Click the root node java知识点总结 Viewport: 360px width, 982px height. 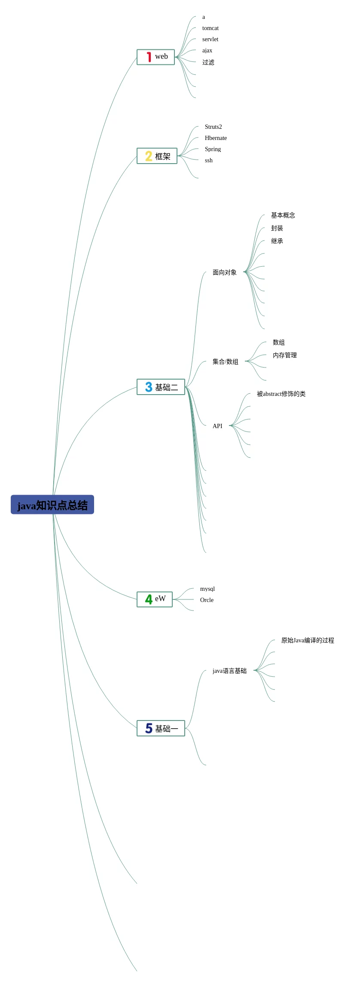click(52, 505)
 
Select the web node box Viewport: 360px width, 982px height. click(156, 57)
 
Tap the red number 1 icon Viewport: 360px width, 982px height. click(149, 57)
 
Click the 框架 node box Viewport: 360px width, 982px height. click(157, 156)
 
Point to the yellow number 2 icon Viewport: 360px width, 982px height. click(149, 156)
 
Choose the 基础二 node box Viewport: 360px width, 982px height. click(161, 387)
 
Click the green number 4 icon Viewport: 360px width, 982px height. click(149, 599)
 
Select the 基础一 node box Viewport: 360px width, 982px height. click(161, 728)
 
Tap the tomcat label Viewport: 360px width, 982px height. click(211, 28)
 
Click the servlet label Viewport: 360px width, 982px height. click(210, 40)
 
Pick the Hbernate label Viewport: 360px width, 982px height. click(216, 138)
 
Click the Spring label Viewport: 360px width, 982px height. click(213, 149)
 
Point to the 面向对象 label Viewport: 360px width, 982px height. click(224, 272)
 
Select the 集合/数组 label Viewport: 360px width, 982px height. click(225, 362)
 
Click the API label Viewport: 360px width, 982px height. click(217, 426)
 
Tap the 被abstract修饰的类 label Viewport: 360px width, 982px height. click(281, 394)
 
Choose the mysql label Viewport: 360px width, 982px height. click(207, 589)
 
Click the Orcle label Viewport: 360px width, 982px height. click(207, 600)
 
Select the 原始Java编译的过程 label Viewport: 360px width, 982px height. click(308, 640)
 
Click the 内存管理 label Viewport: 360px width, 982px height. click(284, 355)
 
